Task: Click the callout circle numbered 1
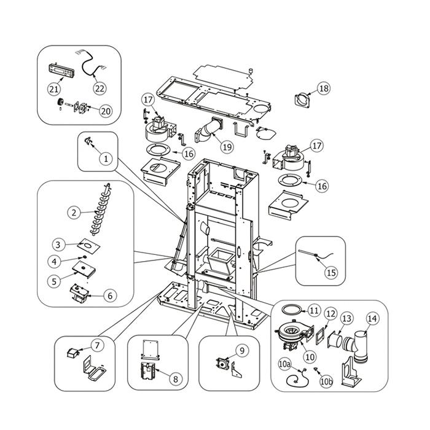click(106, 158)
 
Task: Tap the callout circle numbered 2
click(73, 213)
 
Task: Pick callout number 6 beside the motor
click(109, 295)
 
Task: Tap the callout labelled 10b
click(326, 381)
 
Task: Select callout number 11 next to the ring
click(314, 310)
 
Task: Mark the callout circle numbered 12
click(330, 315)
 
